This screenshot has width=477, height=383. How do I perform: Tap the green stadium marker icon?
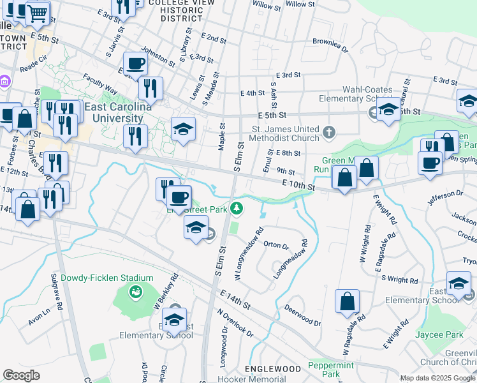click(x=136, y=292)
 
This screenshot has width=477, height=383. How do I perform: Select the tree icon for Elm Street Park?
click(x=237, y=207)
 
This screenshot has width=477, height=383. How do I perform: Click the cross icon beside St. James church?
click(x=328, y=132)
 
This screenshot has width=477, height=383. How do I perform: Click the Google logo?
click(x=21, y=375)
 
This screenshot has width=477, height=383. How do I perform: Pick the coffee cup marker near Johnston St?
click(x=135, y=64)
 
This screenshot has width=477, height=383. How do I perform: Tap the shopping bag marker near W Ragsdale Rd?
click(x=347, y=302)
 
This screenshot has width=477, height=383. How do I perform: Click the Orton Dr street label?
click(x=276, y=245)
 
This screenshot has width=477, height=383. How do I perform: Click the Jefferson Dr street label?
click(x=445, y=193)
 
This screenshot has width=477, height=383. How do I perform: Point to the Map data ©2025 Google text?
click(x=436, y=378)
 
